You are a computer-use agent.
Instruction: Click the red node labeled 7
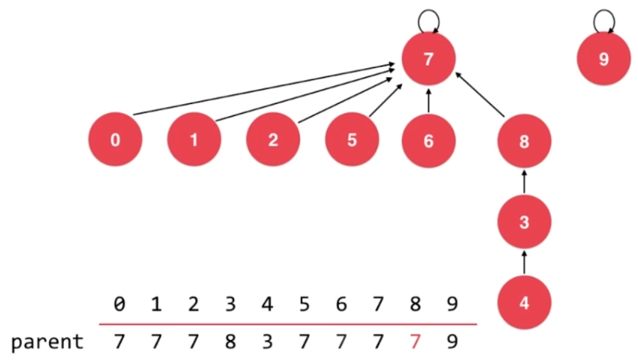tap(428, 60)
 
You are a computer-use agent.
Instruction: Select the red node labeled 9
tap(603, 60)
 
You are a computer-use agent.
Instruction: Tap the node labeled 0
tap(116, 140)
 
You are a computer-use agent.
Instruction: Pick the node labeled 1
tap(194, 140)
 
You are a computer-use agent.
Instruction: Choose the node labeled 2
tap(273, 140)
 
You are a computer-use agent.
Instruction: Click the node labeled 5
tap(352, 140)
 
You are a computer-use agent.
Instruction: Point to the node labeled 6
tap(428, 140)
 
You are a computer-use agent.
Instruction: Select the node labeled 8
tap(524, 141)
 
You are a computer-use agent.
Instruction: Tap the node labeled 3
tap(524, 222)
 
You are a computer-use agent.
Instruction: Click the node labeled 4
tap(524, 303)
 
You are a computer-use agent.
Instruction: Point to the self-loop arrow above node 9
tap(603, 18)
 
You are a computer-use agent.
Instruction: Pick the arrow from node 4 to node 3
tap(524, 262)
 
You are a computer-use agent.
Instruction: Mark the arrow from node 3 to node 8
tap(524, 181)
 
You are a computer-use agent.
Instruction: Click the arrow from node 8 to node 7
tap(480, 94)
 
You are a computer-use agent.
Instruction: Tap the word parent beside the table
tap(47, 342)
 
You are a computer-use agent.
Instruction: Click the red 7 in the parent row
tap(415, 342)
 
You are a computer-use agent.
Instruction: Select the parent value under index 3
tap(230, 342)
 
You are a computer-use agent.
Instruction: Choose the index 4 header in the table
tap(267, 305)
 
